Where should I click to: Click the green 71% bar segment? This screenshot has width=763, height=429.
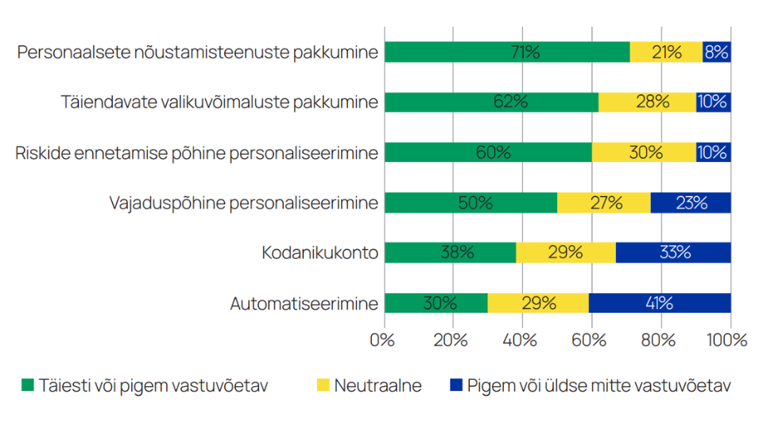pyautogui.click(x=507, y=52)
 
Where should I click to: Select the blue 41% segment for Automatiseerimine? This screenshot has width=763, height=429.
pyautogui.click(x=659, y=303)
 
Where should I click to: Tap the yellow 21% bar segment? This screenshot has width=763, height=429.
pyautogui.click(x=666, y=52)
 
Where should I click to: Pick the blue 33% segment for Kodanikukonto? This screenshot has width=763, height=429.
pyautogui.click(x=673, y=253)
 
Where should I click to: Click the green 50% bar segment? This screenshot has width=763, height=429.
pyautogui.click(x=471, y=203)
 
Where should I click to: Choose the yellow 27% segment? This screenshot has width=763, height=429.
pyautogui.click(x=604, y=203)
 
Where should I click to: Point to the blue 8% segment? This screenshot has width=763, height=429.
pyautogui.click(x=717, y=52)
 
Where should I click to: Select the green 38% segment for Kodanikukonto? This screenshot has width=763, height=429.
pyautogui.click(x=450, y=253)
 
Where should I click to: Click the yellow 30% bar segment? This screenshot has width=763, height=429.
pyautogui.click(x=644, y=153)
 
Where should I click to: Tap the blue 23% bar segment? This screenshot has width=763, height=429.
pyautogui.click(x=691, y=203)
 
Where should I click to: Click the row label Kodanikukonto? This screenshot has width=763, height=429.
pyautogui.click(x=320, y=253)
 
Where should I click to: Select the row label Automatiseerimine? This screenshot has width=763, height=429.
pyautogui.click(x=304, y=303)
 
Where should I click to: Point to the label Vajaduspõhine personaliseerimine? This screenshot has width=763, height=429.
pyautogui.click(x=243, y=203)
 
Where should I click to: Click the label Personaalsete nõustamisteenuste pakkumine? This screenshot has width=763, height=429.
pyautogui.click(x=197, y=52)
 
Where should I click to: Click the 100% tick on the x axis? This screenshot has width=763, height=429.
pyautogui.click(x=729, y=340)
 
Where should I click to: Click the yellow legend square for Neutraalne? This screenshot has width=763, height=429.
pyautogui.click(x=322, y=386)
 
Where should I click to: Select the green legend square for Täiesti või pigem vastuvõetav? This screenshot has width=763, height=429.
pyautogui.click(x=28, y=386)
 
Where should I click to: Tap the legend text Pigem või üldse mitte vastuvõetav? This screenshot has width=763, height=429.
pyautogui.click(x=598, y=386)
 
